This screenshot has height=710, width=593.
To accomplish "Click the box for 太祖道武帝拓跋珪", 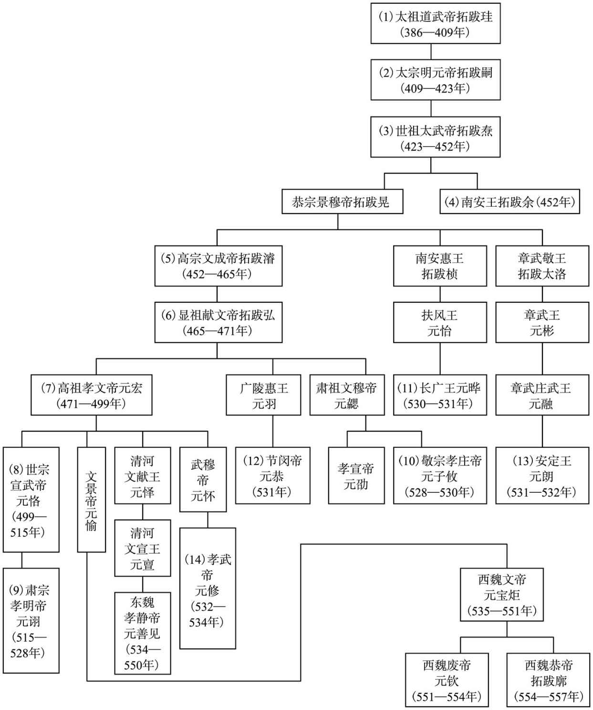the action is tap(435, 23).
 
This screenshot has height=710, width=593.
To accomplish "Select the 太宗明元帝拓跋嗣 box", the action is tap(435, 80).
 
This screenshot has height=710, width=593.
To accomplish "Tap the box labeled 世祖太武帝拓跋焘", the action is tap(435, 137).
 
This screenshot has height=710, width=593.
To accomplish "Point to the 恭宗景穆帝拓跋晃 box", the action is tap(343, 201).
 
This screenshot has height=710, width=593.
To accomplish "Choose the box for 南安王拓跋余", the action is tap(510, 201).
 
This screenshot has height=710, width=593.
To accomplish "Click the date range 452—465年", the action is tap(217, 274).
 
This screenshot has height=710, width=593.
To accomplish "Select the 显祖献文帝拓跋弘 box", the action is tap(218, 322).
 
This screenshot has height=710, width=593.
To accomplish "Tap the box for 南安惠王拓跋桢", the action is tap(440, 266).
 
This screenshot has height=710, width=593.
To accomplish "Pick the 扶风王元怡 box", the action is tap(440, 322).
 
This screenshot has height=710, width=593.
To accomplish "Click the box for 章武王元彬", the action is tap(542, 322).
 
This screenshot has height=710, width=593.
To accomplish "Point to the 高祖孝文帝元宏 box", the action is tap(92, 395).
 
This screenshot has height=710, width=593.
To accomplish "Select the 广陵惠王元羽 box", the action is tap(263, 395).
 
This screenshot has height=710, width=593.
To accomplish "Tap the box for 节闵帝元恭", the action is tap(273, 476).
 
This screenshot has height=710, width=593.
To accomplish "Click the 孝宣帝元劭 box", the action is tap(356, 476).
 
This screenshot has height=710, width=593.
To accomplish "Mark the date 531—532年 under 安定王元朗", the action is tap(541, 492).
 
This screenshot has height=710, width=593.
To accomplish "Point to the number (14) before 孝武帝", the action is tap(196, 560).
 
